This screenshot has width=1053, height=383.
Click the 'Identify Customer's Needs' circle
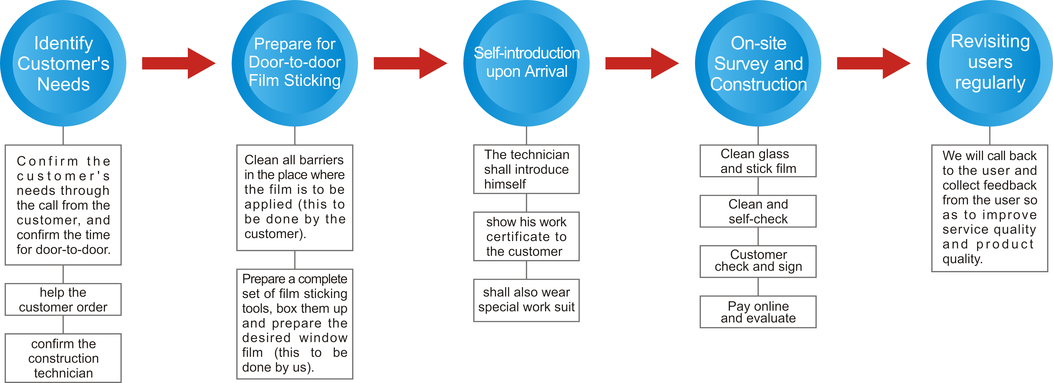point(63,63)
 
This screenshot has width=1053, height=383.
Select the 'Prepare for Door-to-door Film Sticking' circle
point(295,63)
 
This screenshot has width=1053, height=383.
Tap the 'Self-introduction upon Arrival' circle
point(526,63)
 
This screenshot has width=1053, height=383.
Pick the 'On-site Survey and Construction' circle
point(758,63)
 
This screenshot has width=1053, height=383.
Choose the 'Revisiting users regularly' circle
point(990,63)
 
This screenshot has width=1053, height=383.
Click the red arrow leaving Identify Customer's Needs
point(179,63)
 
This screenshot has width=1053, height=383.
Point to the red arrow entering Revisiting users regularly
point(874,63)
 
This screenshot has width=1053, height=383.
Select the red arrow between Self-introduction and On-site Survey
point(642,63)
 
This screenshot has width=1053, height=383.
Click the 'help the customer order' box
point(63,299)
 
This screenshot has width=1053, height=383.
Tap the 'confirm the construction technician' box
point(63,358)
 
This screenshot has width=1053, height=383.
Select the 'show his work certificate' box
point(526,236)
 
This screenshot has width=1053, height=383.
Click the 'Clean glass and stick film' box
point(758,161)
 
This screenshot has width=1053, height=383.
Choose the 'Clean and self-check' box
point(758,211)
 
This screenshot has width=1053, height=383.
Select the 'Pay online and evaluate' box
point(758,312)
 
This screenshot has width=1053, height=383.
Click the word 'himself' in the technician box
point(505,184)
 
